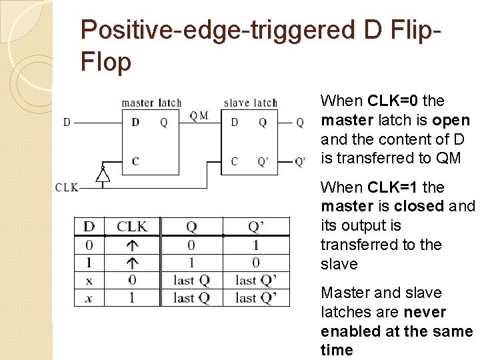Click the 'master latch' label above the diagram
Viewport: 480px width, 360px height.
[x=151, y=103]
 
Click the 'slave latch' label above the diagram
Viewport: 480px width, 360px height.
[x=250, y=103]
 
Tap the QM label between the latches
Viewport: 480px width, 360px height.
[x=199, y=116]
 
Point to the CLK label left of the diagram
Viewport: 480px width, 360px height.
[x=67, y=188]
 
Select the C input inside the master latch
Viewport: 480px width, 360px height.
[x=135, y=161]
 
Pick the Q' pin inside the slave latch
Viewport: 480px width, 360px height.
[x=263, y=161]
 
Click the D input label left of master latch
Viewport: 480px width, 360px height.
[x=67, y=122]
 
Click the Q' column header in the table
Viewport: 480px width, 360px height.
[x=255, y=227]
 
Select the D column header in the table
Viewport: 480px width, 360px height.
[x=89, y=227]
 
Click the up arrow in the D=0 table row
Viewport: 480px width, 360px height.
[x=132, y=245]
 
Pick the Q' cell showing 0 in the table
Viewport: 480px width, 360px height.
[x=255, y=263]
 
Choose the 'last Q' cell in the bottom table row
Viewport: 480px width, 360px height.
[x=191, y=298]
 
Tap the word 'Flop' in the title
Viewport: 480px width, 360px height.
[x=105, y=62]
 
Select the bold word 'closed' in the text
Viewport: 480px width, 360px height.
[x=420, y=207]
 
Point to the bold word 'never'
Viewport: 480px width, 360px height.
[x=424, y=312]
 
